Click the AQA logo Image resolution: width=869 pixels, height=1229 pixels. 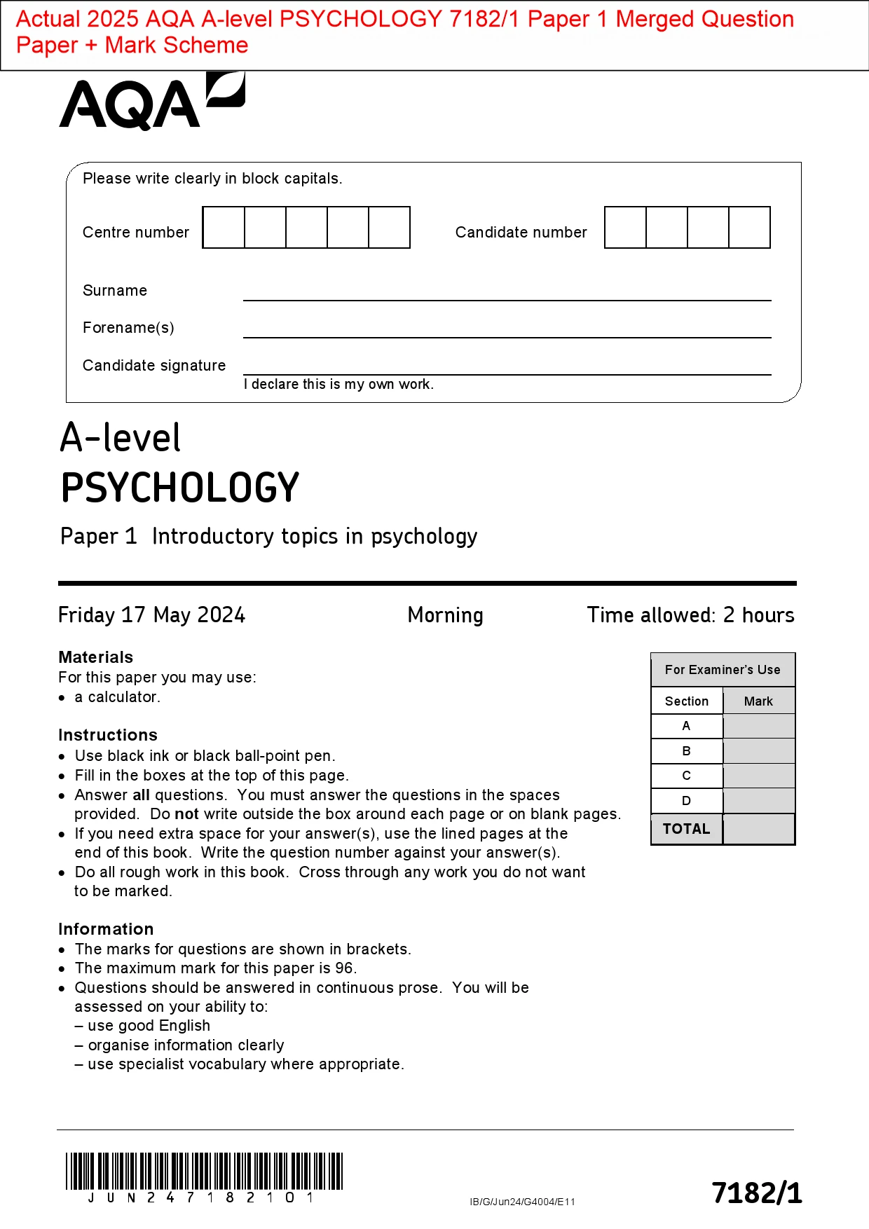click(151, 102)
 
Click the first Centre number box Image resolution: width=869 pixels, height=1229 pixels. click(224, 228)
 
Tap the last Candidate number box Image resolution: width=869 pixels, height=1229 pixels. click(749, 228)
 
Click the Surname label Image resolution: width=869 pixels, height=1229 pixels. click(115, 291)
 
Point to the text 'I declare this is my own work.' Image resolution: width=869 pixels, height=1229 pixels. click(338, 384)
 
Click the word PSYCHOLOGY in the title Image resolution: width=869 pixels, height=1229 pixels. click(180, 488)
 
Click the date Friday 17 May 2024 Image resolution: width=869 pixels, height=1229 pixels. click(151, 615)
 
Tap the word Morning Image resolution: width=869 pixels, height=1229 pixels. click(445, 615)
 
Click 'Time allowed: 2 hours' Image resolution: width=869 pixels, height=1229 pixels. click(690, 615)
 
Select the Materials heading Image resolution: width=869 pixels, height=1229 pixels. click(96, 657)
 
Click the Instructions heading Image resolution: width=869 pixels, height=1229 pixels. click(108, 735)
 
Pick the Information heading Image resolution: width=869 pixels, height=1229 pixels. click(106, 929)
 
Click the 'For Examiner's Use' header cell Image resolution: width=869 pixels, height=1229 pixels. click(723, 670)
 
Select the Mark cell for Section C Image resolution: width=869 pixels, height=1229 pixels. click(758, 776)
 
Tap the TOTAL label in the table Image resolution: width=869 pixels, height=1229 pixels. click(686, 829)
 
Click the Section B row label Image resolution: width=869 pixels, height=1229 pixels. click(686, 751)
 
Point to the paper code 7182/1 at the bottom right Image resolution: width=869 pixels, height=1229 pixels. click(757, 1193)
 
